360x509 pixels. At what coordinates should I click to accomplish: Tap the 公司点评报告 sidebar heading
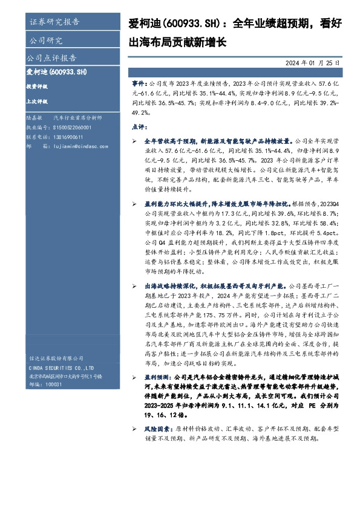tap(52, 59)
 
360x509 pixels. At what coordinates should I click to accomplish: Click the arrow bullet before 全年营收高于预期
tap(134, 140)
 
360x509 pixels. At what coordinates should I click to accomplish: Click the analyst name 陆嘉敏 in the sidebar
tap(35, 120)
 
